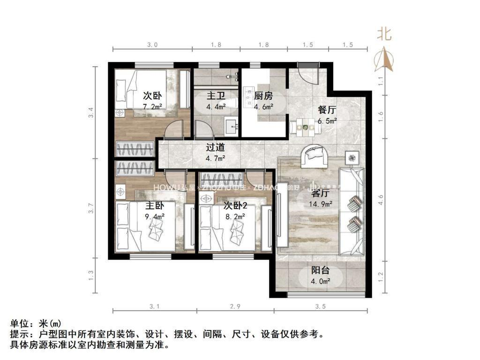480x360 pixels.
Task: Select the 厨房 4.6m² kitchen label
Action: coord(263,100)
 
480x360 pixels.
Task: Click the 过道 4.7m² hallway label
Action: coord(216,152)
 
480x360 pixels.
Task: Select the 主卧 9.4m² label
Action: coord(154,210)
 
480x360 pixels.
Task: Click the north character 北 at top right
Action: coord(385,34)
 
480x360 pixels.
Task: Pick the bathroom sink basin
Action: coord(232,125)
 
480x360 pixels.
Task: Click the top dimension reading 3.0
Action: coord(152,45)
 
